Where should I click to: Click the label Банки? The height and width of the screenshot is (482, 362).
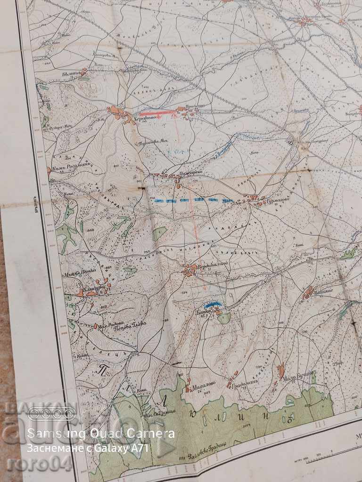click(202, 311)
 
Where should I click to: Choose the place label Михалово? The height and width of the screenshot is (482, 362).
click(203, 383)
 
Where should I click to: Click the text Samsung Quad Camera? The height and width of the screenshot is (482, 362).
click(101, 433)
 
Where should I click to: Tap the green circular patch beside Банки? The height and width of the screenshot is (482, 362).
click(224, 318)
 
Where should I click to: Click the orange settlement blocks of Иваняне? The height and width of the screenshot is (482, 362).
click(308, 291)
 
